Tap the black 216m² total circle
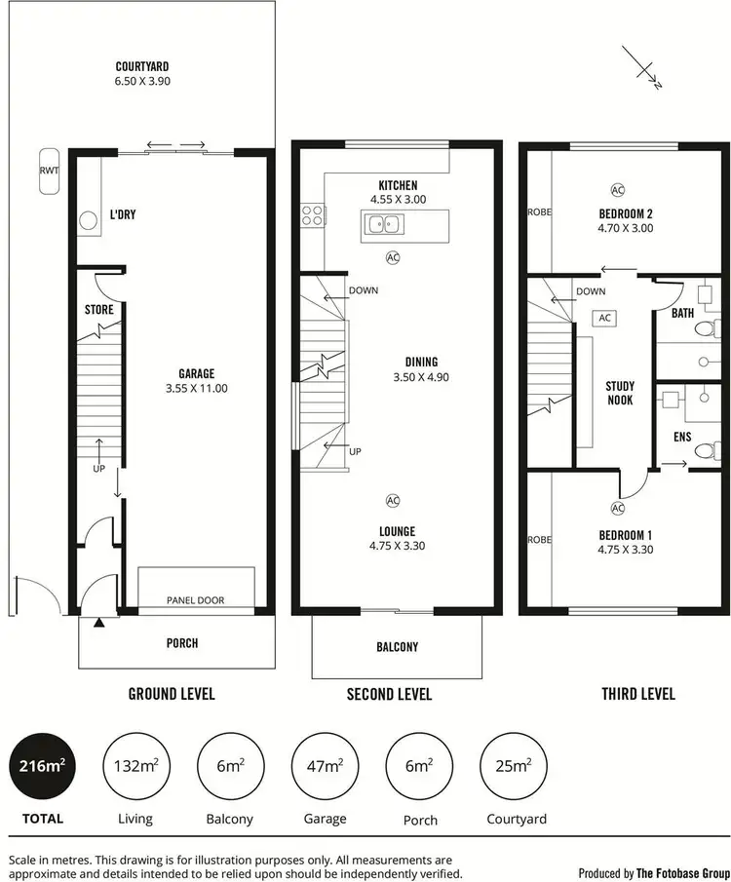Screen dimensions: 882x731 click(42, 766)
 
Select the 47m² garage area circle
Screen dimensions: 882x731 click(325, 766)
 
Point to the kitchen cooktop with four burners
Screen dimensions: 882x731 click(312, 213)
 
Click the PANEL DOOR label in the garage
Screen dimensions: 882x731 click(195, 600)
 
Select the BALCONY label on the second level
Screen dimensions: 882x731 click(397, 647)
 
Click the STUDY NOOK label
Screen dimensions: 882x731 click(620, 393)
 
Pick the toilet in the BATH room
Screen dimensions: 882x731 click(704, 328)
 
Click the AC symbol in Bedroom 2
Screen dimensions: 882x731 click(617, 189)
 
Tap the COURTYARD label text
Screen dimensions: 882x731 click(141, 66)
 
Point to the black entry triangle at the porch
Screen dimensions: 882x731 click(98, 623)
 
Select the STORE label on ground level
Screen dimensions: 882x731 click(98, 310)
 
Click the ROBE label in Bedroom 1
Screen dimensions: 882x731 click(539, 540)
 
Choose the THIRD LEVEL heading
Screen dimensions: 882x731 click(638, 694)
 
